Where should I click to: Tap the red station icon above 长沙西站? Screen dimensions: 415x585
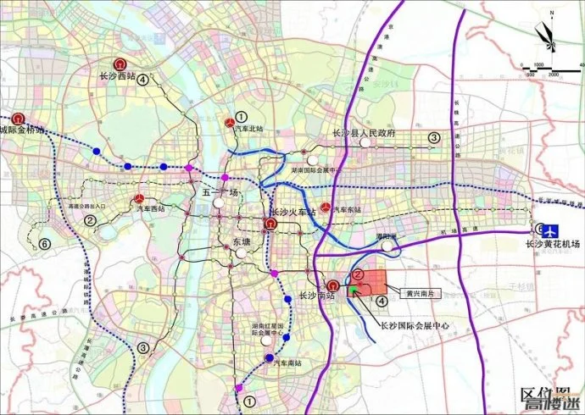[x=120, y=63]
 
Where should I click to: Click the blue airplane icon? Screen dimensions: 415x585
[x=551, y=230]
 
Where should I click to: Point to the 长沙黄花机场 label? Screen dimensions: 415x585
[x=551, y=244]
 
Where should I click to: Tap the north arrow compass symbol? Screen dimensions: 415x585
[x=544, y=36]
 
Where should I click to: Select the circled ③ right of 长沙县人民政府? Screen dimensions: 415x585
[x=433, y=136]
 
